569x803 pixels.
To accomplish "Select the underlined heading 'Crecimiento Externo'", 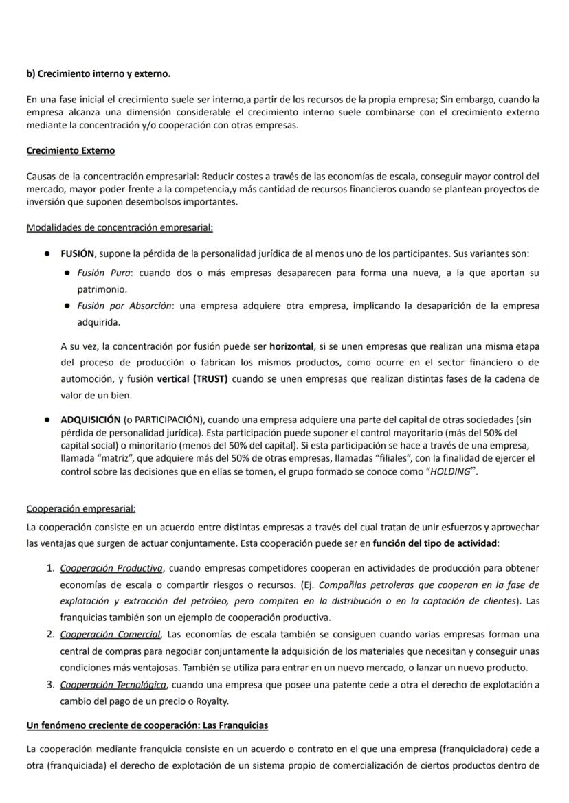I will tap(71, 150).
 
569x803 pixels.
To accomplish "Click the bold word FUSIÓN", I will tap(77, 253).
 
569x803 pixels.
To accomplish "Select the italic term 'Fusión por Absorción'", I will tap(124, 306).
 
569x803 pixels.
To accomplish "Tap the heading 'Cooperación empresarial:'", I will tap(81, 508).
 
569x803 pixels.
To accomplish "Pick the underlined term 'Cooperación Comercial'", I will tap(111, 634).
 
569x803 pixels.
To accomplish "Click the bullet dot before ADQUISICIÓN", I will tap(47, 419).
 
